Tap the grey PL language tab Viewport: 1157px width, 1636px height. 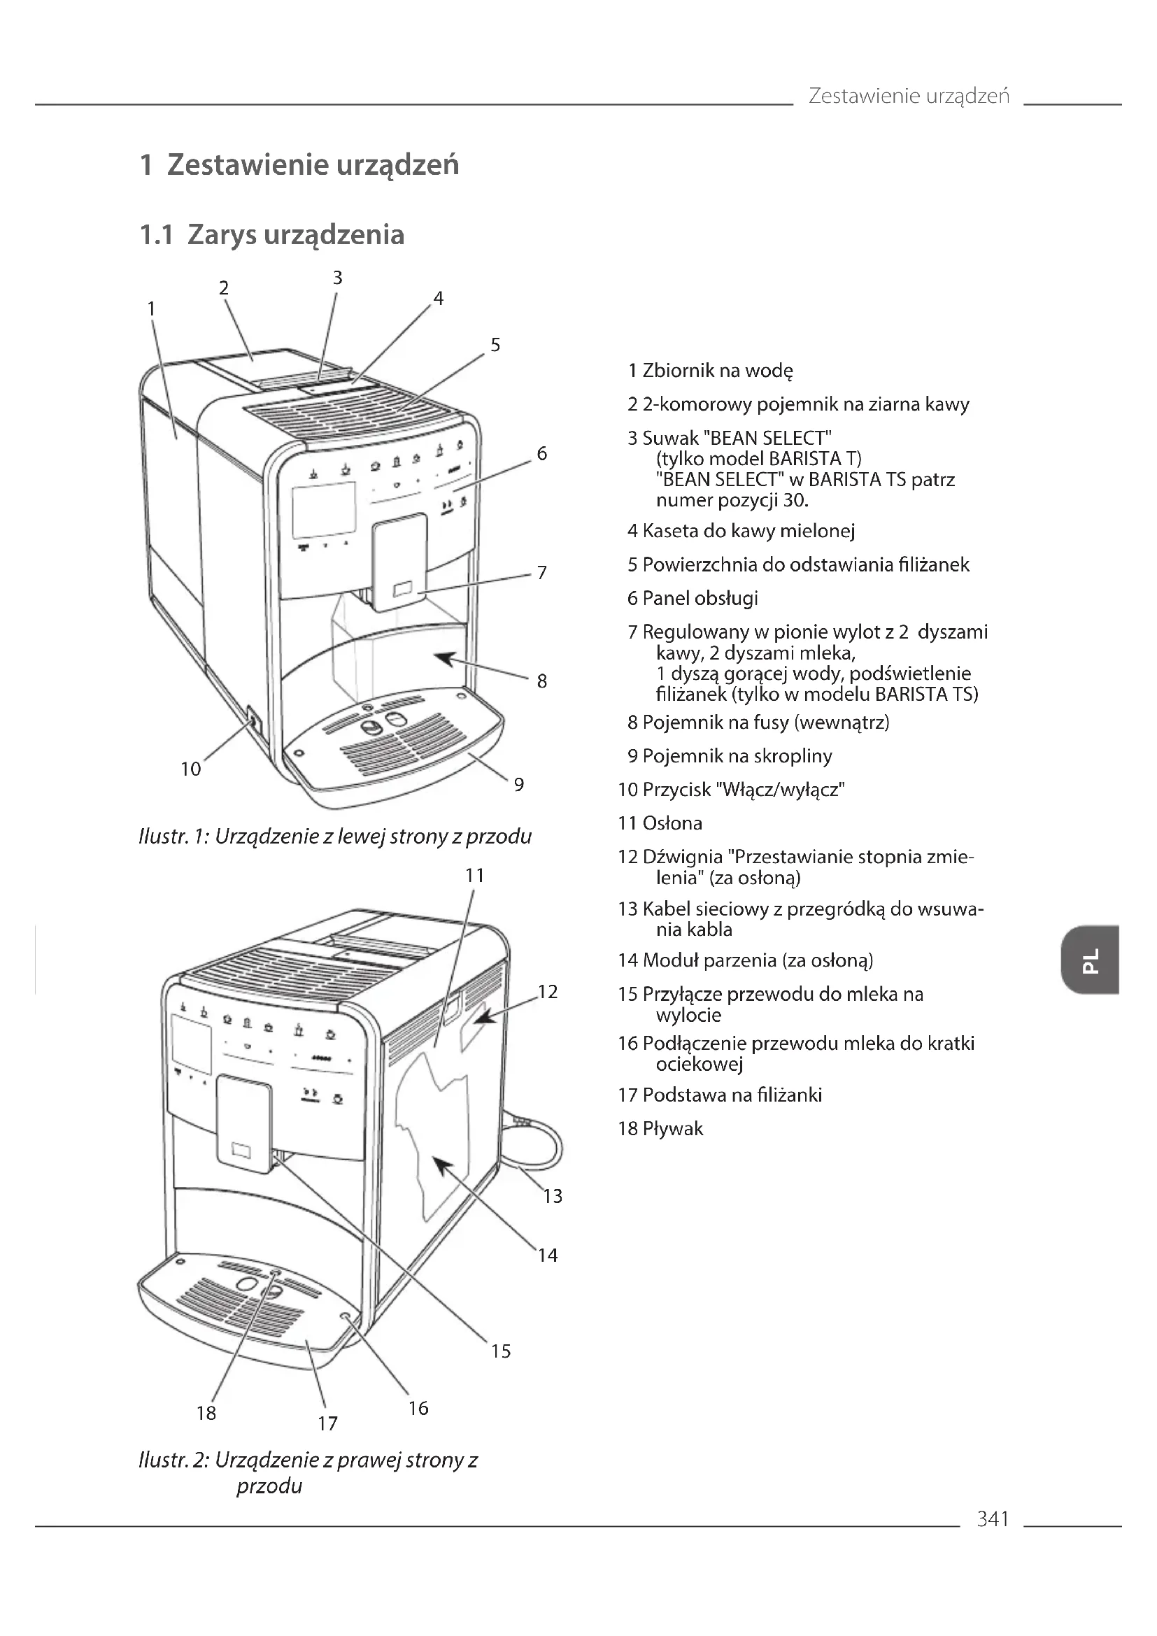pyautogui.click(x=1089, y=959)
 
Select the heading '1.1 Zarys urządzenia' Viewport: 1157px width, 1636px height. pyautogui.click(x=271, y=234)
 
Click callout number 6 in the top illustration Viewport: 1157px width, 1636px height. pyautogui.click(x=541, y=453)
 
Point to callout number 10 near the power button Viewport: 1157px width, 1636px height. pyautogui.click(x=190, y=769)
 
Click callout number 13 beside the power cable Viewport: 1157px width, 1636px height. pyautogui.click(x=552, y=1195)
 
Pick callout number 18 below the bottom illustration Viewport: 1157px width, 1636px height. pyautogui.click(x=206, y=1412)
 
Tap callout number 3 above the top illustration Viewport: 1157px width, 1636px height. pyautogui.click(x=338, y=278)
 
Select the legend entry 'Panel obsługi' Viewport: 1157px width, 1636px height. pyautogui.click(x=693, y=598)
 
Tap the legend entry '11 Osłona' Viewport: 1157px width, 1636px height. pyautogui.click(x=660, y=823)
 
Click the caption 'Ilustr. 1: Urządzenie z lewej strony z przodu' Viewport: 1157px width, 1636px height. pyautogui.click(x=335, y=836)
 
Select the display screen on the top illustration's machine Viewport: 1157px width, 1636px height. pyautogui.click(x=323, y=508)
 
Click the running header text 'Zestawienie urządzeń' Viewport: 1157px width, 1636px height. pyautogui.click(x=909, y=96)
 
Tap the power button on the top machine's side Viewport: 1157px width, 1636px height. pyautogui.click(x=252, y=720)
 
